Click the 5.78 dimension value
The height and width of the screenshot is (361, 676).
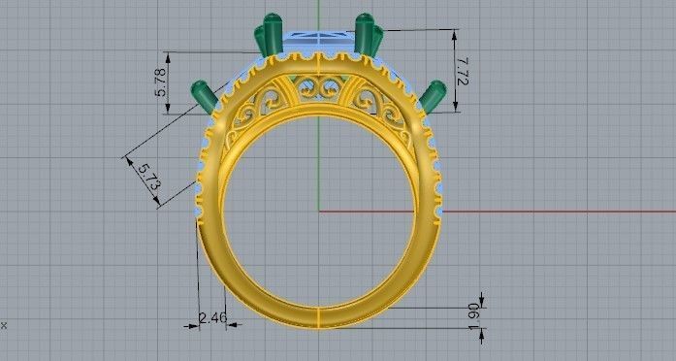[x=162, y=82]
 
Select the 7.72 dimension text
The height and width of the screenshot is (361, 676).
[x=463, y=69]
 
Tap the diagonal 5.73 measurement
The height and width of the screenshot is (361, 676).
[x=148, y=176]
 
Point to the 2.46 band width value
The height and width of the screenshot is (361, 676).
[x=211, y=317]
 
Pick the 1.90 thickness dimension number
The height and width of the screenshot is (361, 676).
[x=472, y=314]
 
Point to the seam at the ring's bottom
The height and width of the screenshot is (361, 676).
[x=319, y=317]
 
